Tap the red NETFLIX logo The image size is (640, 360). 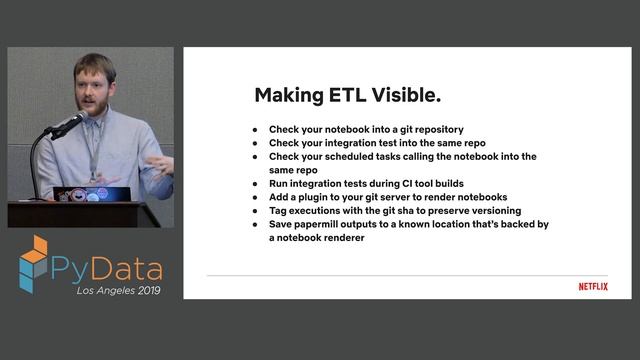point(593,287)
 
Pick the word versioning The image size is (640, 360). point(490,211)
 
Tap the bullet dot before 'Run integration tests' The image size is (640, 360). point(256,184)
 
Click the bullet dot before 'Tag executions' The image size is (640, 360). point(256,211)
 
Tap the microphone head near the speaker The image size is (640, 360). point(71,124)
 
